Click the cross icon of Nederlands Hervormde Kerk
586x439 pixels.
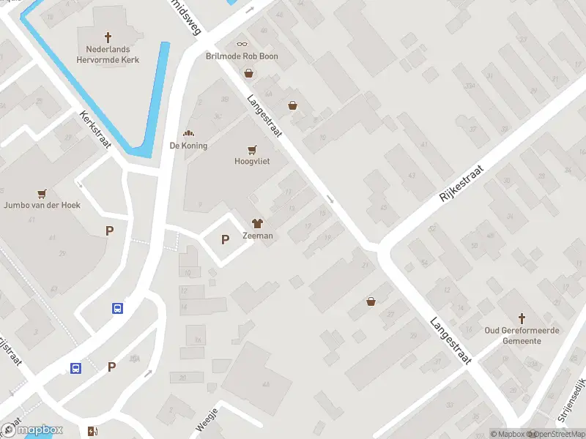point(108,37)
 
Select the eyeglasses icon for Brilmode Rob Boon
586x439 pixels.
point(242,44)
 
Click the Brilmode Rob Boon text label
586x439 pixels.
point(242,56)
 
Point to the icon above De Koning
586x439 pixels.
point(189,133)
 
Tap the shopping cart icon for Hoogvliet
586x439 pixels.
point(252,149)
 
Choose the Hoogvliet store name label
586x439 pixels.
point(252,162)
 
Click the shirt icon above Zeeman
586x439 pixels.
point(257,223)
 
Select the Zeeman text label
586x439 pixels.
point(257,236)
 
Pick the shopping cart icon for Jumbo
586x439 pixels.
point(42,193)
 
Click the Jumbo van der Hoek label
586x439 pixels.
point(41,206)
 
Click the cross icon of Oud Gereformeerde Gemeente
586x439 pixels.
point(522,318)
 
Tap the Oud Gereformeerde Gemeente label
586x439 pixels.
point(522,336)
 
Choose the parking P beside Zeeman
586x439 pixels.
point(225,239)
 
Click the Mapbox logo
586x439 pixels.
point(31,430)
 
